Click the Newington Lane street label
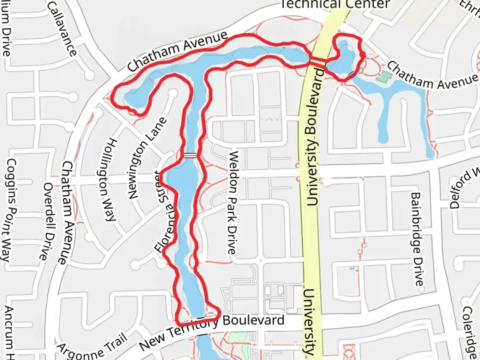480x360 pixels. [x=147, y=158]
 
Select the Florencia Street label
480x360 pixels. [x=165, y=211]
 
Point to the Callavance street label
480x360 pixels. [x=62, y=28]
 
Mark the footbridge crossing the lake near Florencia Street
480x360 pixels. [x=190, y=155]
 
